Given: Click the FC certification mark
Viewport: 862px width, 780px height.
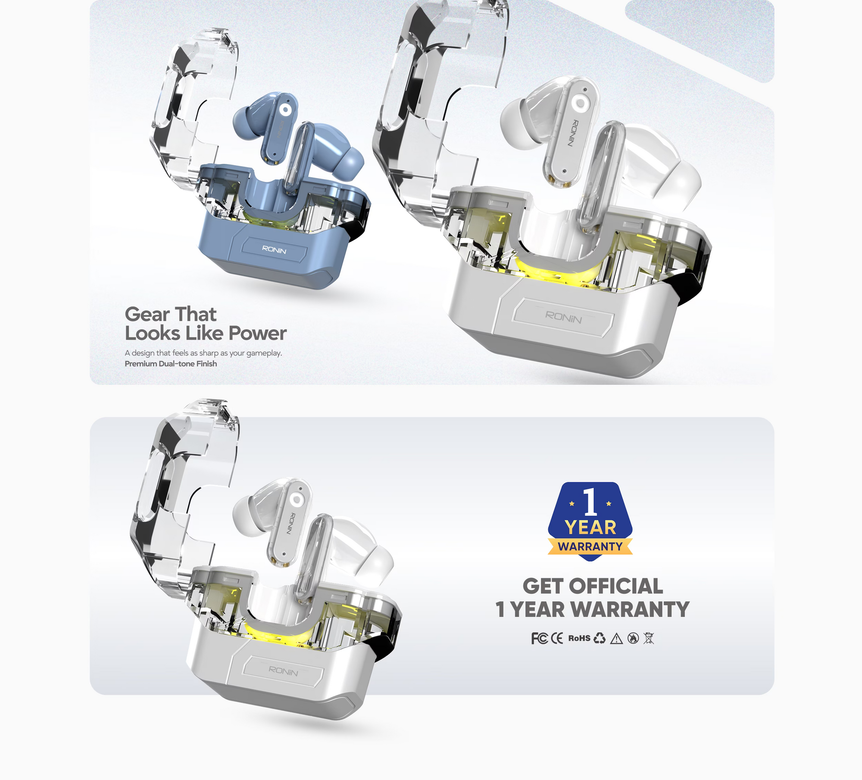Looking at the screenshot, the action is pos(539,638).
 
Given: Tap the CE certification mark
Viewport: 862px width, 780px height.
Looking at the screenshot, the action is pos(557,638).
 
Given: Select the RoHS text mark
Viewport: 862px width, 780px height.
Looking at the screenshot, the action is pos(579,638).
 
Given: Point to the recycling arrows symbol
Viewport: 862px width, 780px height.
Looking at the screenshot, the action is pos(600,638).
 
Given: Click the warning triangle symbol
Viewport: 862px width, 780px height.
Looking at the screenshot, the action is pos(617,639).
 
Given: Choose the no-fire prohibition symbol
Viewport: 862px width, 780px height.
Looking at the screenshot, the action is pos(633,638).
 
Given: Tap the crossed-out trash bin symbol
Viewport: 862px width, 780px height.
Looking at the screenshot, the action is pos(649,638).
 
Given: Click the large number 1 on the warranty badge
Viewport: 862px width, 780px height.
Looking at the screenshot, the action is pos(590,502).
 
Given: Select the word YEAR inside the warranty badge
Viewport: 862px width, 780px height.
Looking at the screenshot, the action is pos(590,527).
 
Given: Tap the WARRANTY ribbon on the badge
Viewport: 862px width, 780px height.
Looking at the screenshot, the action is pos(590,546).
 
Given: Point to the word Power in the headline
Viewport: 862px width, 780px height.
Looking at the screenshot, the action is pos(258,333).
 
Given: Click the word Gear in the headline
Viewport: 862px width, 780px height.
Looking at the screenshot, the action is pos(147,314).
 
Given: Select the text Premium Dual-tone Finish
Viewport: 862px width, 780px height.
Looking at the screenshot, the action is pos(171,364).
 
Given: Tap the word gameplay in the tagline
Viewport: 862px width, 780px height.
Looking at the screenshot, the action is pos(264,353).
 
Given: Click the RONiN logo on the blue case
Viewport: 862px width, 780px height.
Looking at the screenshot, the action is pos(274,250).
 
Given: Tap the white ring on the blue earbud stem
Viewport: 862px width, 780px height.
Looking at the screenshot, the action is pos(285,110).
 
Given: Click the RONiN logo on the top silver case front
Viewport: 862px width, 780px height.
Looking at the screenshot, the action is pos(563,317).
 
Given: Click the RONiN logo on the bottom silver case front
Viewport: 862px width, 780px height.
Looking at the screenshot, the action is pos(283,671).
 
